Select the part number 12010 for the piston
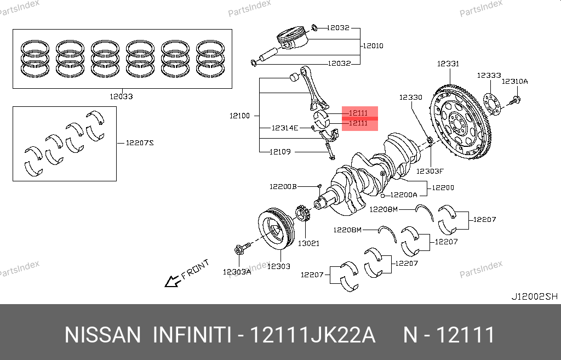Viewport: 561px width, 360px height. point(373,45)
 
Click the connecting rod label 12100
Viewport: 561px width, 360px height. point(240,116)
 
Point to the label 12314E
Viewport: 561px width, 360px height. point(285,128)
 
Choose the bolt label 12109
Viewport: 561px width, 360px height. point(280,152)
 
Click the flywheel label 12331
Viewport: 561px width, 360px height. point(448,64)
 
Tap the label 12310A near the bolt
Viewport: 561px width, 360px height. point(516,81)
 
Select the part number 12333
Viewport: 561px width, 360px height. point(488,76)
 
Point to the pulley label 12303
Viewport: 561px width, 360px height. point(278,266)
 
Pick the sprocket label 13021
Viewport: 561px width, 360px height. point(308,243)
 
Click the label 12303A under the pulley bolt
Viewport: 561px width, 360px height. point(237,272)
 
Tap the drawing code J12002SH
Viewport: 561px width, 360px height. point(534,296)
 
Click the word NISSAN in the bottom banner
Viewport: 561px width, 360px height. point(102,335)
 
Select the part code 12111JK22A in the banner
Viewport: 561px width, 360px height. point(312,335)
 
